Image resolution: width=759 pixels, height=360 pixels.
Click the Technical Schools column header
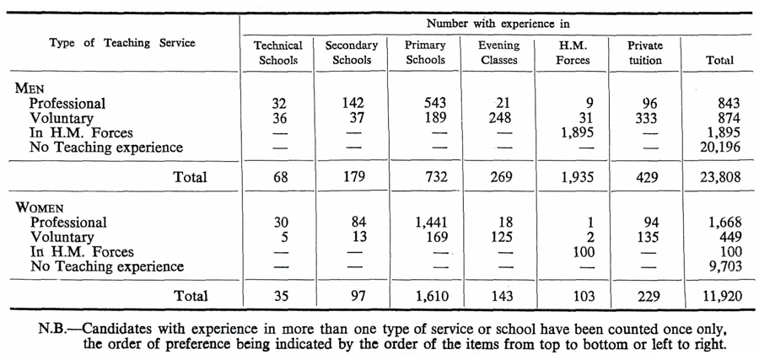pos(278,53)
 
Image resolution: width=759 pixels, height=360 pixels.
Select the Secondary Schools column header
pos(352,53)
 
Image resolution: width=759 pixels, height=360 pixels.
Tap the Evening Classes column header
pos(498,53)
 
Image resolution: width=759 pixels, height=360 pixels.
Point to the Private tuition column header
pos(645,53)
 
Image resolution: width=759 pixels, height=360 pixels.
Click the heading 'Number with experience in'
pos(498,23)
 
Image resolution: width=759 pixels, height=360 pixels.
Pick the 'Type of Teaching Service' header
pos(122,43)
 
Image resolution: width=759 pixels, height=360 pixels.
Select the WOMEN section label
pos(40,207)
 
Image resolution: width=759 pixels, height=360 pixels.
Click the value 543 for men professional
pos(433,103)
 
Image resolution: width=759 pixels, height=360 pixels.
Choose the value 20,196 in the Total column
pos(720,147)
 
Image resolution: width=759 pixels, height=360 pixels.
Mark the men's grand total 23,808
pos(720,177)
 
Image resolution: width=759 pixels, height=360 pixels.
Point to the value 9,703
pos(724,266)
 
